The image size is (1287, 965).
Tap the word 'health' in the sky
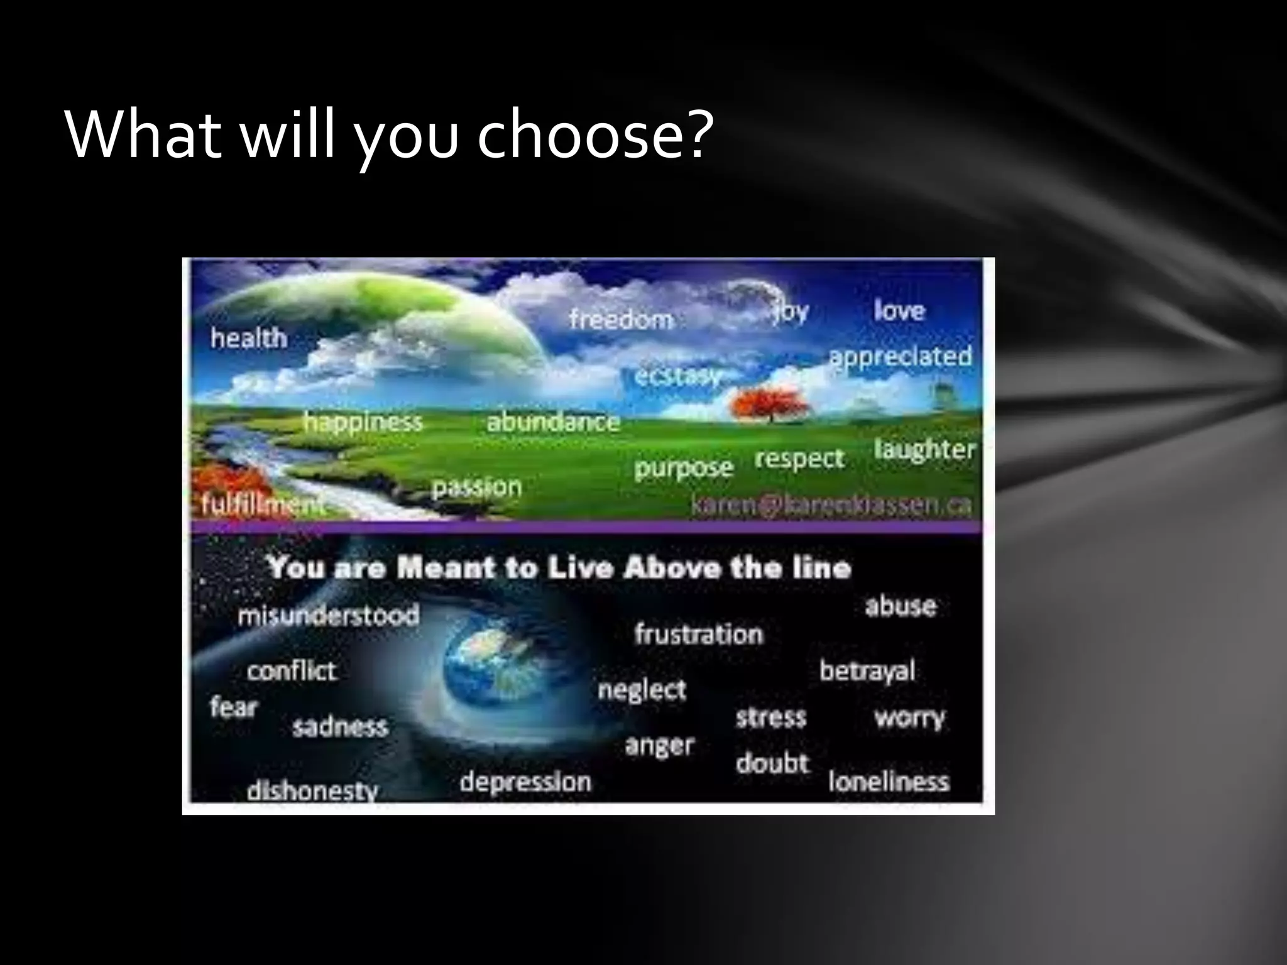[x=249, y=339]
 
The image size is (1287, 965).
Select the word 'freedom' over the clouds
[x=621, y=319]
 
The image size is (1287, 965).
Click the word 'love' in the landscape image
[x=899, y=310]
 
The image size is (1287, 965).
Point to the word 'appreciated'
[x=900, y=357]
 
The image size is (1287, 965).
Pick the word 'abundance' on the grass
[x=553, y=422]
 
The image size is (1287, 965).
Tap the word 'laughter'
[x=924, y=450]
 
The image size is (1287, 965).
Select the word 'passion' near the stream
[x=477, y=487]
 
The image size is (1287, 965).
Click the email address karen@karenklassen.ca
[x=831, y=504]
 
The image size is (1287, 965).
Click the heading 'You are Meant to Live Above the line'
[x=559, y=568]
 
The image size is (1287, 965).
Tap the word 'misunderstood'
[x=328, y=615]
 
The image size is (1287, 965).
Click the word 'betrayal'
[x=867, y=672]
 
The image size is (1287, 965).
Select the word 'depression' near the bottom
[x=525, y=782]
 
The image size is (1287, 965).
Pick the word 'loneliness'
[x=888, y=782]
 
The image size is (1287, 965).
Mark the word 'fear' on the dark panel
[x=234, y=707]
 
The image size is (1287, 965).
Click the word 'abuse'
[x=901, y=606]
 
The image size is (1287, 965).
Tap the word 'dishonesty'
[x=312, y=791]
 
